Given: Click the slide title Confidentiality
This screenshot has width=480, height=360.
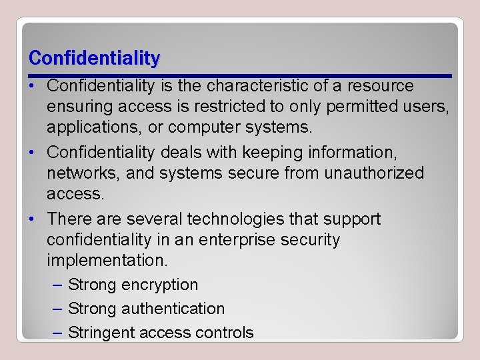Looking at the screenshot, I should tap(95, 59).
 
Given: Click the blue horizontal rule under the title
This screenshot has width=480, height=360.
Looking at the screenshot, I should tap(240, 75).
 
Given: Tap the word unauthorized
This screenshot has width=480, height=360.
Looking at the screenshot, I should tap(374, 173).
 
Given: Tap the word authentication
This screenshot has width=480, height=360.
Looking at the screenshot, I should tap(173, 309).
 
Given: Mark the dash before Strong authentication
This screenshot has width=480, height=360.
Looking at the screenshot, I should tap(57, 309).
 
